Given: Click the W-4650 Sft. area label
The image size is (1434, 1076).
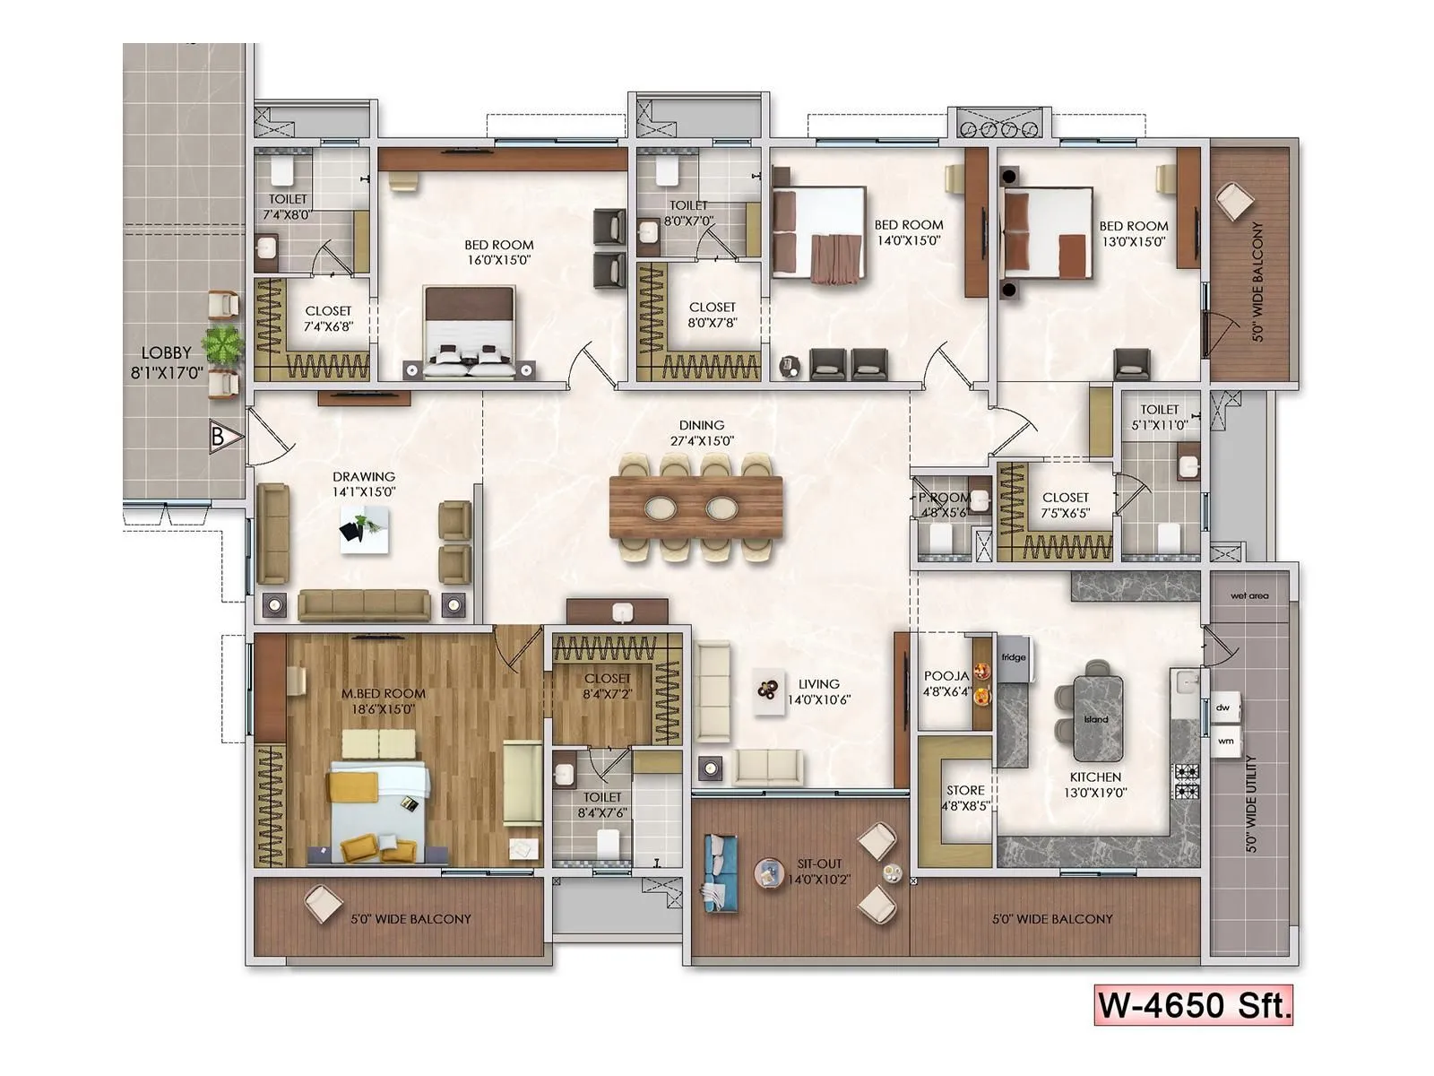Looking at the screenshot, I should point(1194,1004).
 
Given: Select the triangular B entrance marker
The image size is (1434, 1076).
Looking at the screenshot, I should point(225,438).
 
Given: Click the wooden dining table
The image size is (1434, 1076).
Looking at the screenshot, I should point(695,508).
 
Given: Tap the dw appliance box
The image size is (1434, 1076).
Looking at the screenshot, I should point(1223,707).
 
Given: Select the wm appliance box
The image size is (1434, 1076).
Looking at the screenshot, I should point(1225,741).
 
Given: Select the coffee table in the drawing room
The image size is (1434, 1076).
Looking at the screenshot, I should point(364,529).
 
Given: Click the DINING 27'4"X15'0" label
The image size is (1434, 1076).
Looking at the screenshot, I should point(702,433).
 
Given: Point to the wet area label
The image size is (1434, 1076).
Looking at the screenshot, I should point(1249,595).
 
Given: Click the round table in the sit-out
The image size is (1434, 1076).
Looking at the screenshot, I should point(768,872).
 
